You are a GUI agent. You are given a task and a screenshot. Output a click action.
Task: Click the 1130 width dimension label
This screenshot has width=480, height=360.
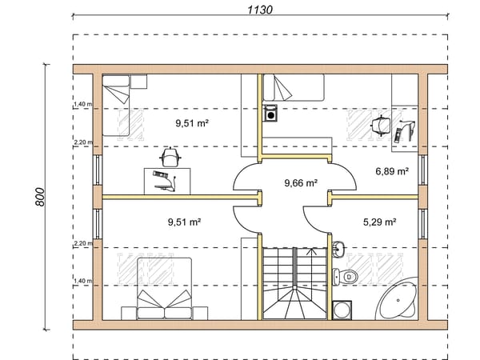click(259, 10)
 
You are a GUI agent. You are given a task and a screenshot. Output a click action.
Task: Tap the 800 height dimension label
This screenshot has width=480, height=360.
click(40, 197)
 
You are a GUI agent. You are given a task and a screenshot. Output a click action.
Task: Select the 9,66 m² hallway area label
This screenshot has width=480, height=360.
click(301, 183)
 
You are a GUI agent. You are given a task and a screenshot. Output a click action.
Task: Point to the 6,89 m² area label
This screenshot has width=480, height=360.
click(392, 171)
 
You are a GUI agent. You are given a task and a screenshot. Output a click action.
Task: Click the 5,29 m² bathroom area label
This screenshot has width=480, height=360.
click(379, 222)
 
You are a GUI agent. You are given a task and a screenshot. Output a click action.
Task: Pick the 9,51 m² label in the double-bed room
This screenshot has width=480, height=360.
click(184, 222)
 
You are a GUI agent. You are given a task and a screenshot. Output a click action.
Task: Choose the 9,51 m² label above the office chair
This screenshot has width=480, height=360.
click(192, 123)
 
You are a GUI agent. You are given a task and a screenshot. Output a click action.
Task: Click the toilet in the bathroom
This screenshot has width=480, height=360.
click(345, 277)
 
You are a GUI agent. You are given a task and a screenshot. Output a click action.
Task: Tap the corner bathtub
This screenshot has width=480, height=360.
click(397, 299)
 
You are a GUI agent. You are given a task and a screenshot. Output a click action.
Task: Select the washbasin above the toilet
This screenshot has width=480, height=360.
click(338, 248)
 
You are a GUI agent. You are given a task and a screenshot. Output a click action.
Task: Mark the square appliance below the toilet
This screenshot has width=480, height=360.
click(342, 310)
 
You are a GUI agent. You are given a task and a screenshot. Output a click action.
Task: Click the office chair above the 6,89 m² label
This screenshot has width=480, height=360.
click(381, 126)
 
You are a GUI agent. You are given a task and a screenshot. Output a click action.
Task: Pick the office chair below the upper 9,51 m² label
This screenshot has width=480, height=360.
click(170, 157)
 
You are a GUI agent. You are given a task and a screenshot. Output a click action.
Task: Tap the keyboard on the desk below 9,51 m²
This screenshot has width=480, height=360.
click(161, 174)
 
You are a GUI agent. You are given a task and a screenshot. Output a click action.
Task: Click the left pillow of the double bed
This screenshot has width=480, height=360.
click(150, 313)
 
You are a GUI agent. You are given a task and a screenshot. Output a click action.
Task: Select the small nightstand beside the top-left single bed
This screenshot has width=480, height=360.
click(139, 82)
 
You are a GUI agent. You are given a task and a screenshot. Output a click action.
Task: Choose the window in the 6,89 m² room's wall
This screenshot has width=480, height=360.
click(422, 170)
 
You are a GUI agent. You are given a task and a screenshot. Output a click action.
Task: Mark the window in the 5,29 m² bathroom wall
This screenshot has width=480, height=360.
click(422, 224)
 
